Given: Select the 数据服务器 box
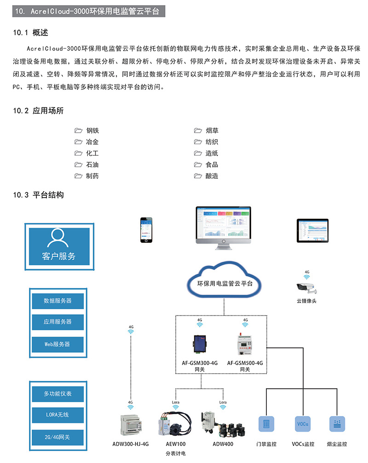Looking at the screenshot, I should pos(57,300).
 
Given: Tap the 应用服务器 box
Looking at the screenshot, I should pos(57,322).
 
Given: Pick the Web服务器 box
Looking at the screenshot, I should pos(57,344).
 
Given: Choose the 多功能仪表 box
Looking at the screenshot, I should pos(57,394).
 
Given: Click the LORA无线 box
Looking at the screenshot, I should pos(57,415).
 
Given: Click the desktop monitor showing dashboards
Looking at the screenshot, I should pos(224,226).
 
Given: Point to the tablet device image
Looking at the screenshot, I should pos(314,230).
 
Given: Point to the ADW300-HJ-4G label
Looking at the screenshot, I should pos(131,444).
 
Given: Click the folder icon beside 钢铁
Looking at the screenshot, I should pos(78,131).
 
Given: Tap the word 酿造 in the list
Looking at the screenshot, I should pos(212,176).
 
